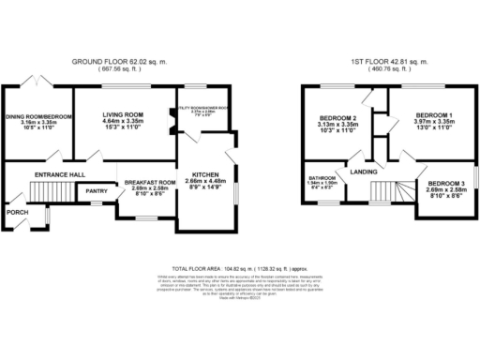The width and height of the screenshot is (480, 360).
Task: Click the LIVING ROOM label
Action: point(121,113)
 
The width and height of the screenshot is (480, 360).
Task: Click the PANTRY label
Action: point(97,190)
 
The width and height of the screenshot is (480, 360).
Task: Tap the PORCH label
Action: point(17,212)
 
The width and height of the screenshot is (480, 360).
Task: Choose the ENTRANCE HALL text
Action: point(60,175)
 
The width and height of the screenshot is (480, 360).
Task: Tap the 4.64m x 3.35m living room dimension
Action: point(121,121)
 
